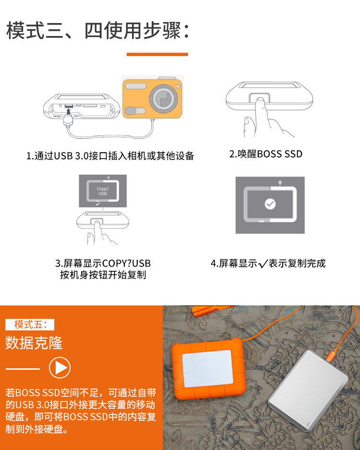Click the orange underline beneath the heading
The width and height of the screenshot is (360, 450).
(157, 54)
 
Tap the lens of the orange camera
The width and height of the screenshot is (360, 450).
(163, 98)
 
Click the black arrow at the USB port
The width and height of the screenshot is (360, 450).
(69, 110)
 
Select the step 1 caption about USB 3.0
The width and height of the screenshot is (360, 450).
(110, 156)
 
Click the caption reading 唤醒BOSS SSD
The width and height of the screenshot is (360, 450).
(265, 154)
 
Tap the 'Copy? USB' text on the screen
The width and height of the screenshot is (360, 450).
(103, 191)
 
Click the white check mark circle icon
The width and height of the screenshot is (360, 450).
(270, 204)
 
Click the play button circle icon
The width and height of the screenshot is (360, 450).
(60, 367)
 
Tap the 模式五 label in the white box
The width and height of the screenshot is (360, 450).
(30, 325)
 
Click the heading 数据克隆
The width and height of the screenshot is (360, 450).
(34, 343)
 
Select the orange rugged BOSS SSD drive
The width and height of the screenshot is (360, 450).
(209, 369)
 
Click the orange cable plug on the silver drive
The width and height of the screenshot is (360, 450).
(332, 355)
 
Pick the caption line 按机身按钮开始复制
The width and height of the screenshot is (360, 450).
(103, 275)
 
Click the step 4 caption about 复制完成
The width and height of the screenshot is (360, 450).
(268, 263)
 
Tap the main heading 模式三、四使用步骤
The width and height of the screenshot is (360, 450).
(98, 30)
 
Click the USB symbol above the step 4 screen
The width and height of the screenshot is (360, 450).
(280, 182)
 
